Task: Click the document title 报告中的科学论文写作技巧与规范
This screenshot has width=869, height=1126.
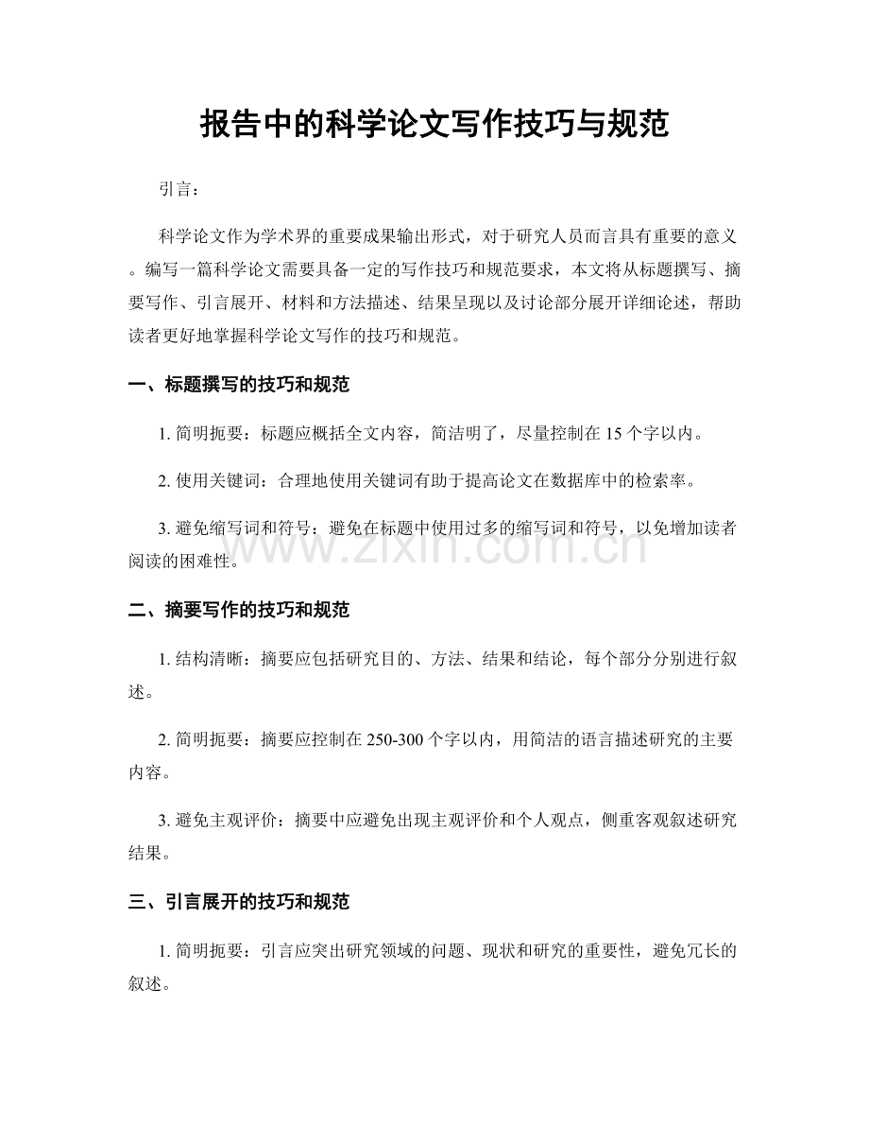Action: point(434,125)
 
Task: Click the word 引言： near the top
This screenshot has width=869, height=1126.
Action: point(179,190)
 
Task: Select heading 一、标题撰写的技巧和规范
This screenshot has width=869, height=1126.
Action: point(239,385)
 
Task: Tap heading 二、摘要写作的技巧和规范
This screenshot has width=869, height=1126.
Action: point(239,611)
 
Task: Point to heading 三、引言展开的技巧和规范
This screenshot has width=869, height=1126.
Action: point(239,903)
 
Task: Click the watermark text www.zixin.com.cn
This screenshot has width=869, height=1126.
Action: point(434,546)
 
